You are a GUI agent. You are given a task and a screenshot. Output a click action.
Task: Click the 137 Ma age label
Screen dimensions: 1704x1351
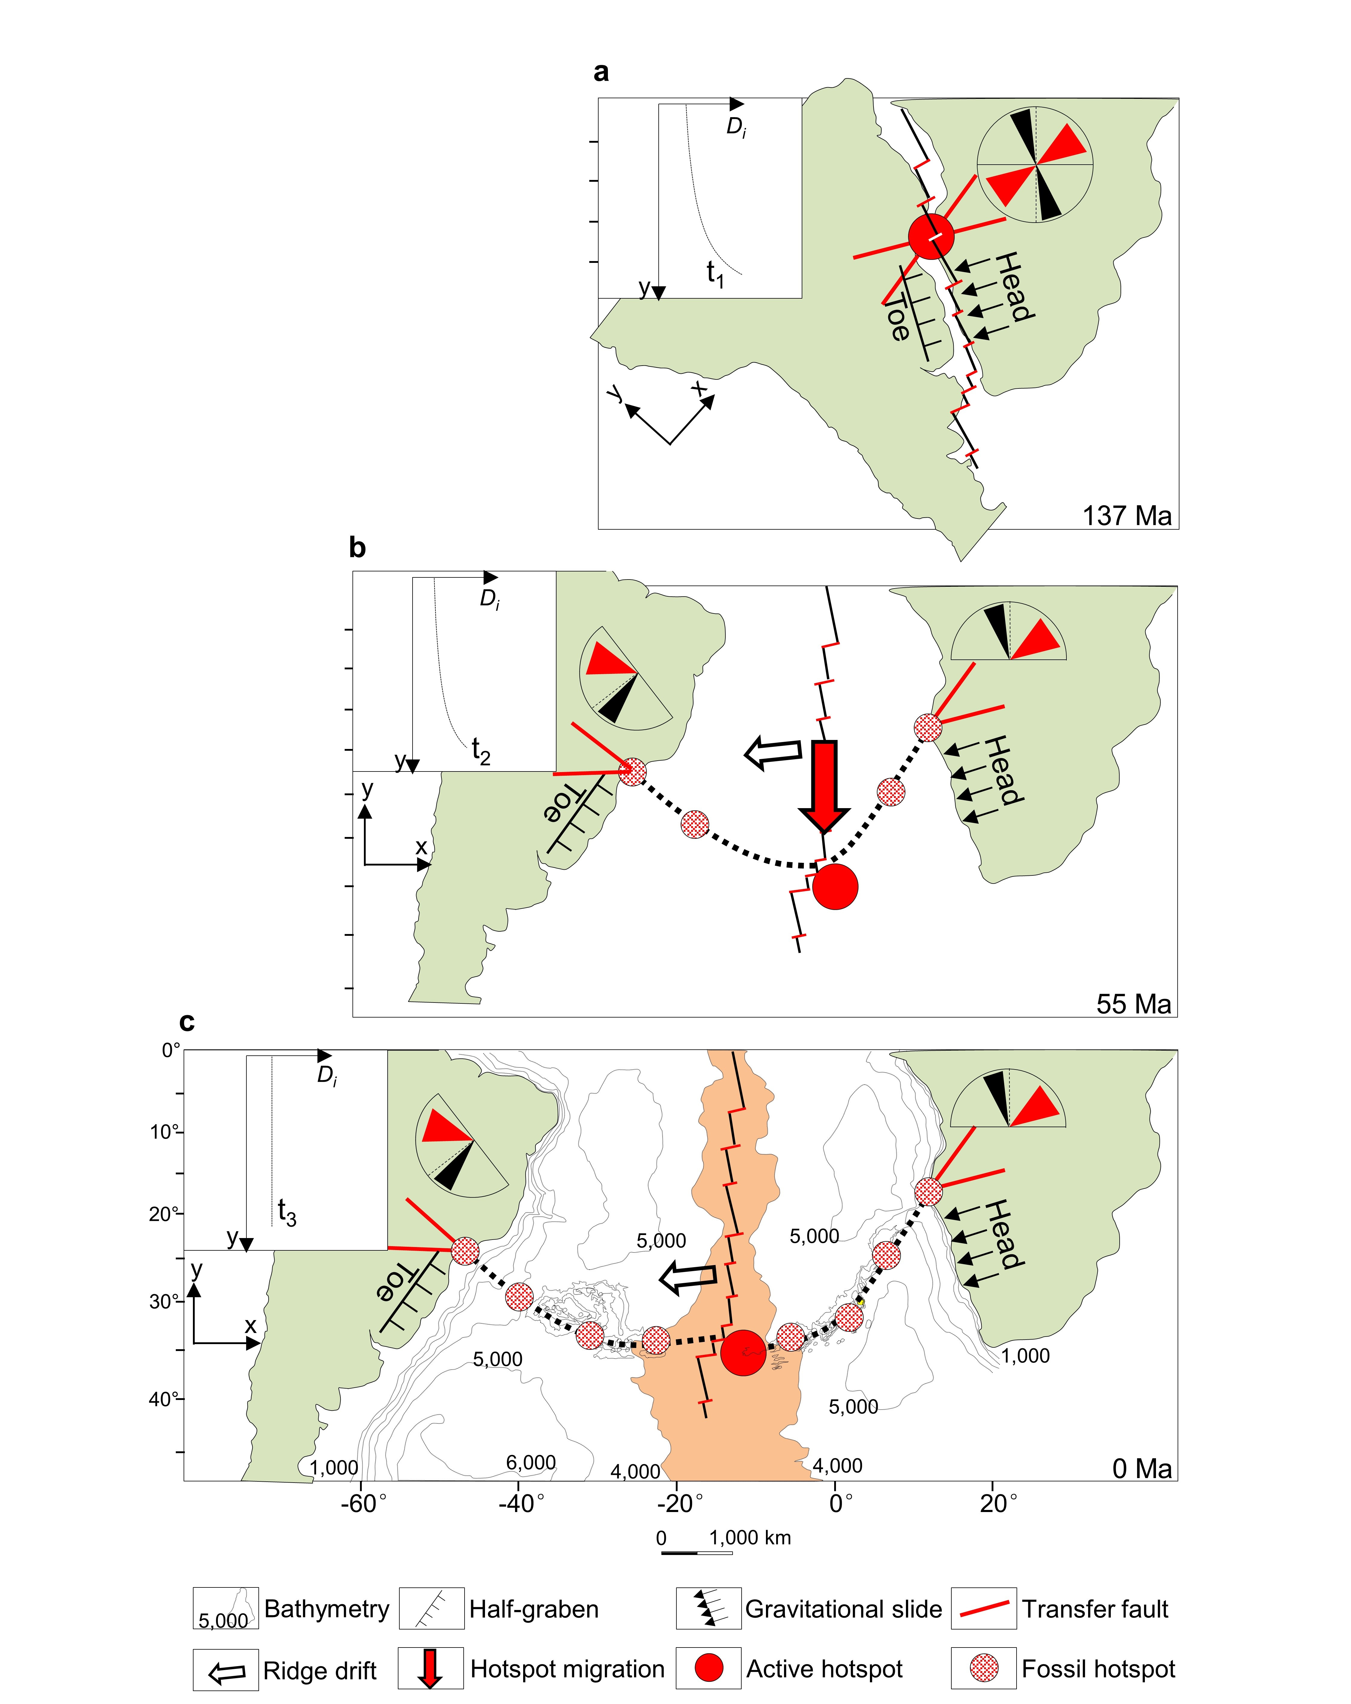pyautogui.click(x=1126, y=515)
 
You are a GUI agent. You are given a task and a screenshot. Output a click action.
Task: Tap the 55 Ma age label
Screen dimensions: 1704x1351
pyautogui.click(x=1133, y=1004)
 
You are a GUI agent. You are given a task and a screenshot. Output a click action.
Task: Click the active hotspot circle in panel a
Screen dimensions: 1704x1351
pyautogui.click(x=931, y=236)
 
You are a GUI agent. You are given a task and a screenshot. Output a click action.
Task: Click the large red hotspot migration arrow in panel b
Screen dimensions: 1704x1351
pyautogui.click(x=824, y=784)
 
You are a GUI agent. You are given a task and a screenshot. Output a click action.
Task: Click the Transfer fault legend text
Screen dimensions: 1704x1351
pyautogui.click(x=1095, y=1609)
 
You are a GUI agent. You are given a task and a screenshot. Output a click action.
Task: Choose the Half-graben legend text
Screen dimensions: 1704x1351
pyautogui.click(x=534, y=1609)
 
